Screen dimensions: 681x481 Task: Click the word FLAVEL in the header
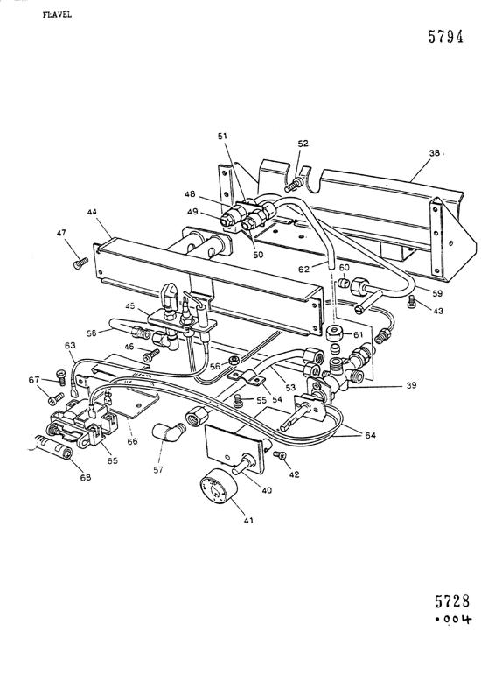31,15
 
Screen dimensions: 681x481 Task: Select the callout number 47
61,233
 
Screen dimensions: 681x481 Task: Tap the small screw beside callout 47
80,260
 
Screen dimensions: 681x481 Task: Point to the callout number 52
303,144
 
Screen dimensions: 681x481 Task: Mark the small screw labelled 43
412,300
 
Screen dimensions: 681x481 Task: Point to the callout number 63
70,348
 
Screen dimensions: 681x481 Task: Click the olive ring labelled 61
334,334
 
